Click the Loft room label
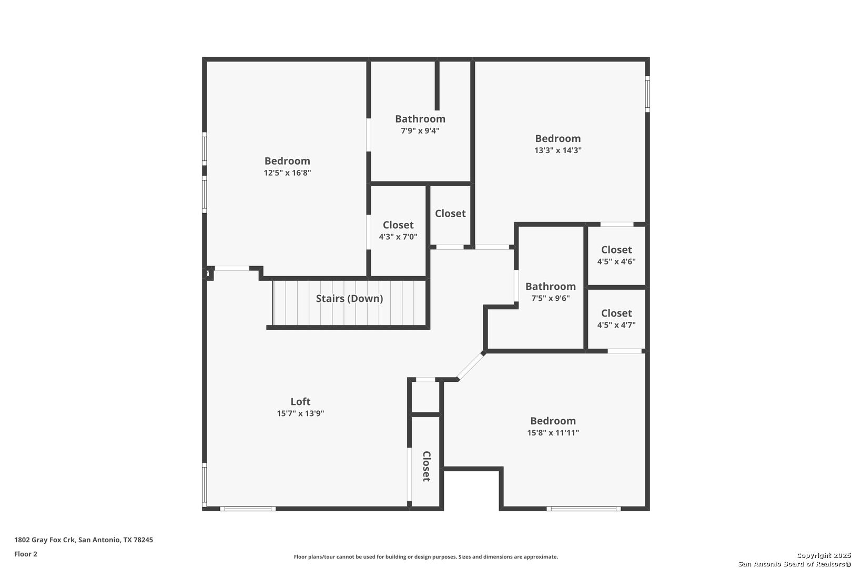pyautogui.click(x=300, y=401)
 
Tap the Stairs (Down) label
pyautogui.click(x=350, y=299)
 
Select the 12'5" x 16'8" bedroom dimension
pyautogui.click(x=288, y=173)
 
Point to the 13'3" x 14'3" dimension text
pyautogui.click(x=558, y=150)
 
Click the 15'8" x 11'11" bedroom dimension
pyautogui.click(x=553, y=432)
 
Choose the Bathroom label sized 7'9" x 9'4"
pyautogui.click(x=420, y=119)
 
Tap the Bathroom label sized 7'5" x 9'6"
pyautogui.click(x=551, y=287)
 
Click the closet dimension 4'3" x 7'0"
pyautogui.click(x=398, y=237)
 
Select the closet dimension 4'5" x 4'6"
pyautogui.click(x=616, y=261)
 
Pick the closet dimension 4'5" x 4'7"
pyautogui.click(x=616, y=325)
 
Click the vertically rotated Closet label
pyautogui.click(x=427, y=466)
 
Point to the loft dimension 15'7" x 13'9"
pyautogui.click(x=300, y=413)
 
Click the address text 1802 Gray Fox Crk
pyautogui.click(x=45, y=540)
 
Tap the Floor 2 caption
pyautogui.click(x=26, y=554)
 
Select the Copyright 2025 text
pyautogui.click(x=824, y=555)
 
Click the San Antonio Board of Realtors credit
pyautogui.click(x=795, y=564)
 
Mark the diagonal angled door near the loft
pyautogui.click(x=471, y=366)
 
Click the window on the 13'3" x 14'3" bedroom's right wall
pyautogui.click(x=647, y=94)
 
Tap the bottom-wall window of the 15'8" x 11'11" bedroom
pyautogui.click(x=584, y=509)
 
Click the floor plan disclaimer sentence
pyautogui.click(x=426, y=557)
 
